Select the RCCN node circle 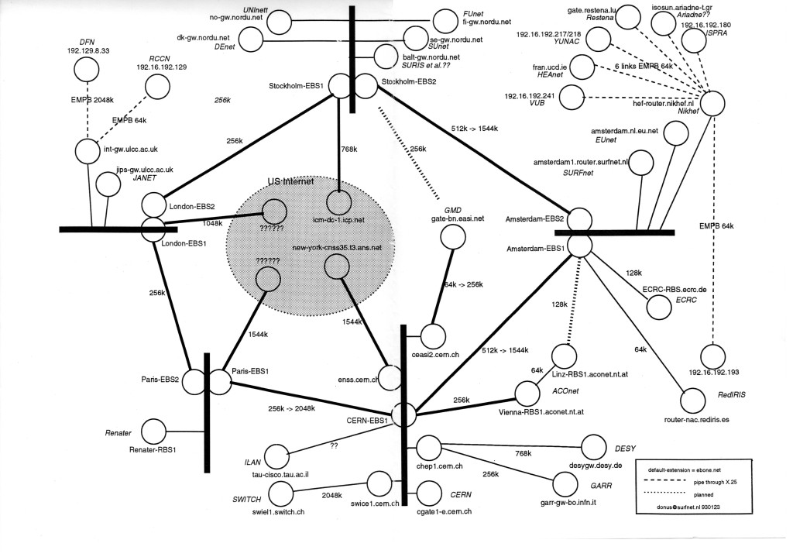[x=158, y=85]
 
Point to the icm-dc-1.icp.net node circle [x=338, y=203]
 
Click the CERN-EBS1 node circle [x=403, y=414]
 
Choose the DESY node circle [x=593, y=446]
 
